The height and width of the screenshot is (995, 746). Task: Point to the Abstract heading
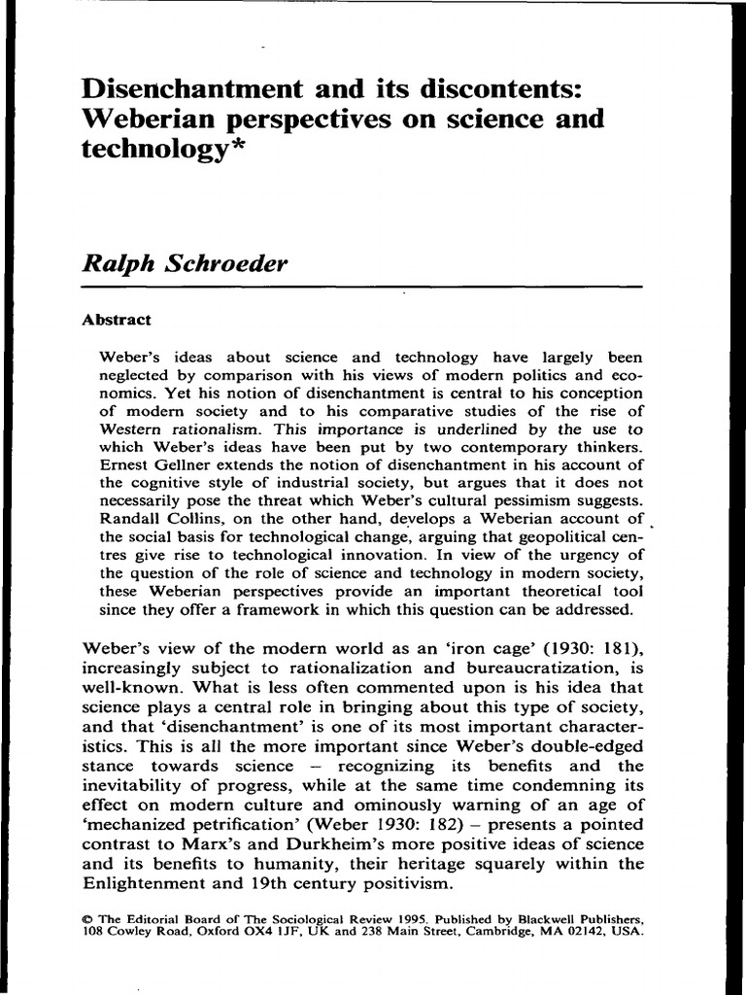[x=117, y=318]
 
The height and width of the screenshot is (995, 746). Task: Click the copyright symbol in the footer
[x=86, y=916]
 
